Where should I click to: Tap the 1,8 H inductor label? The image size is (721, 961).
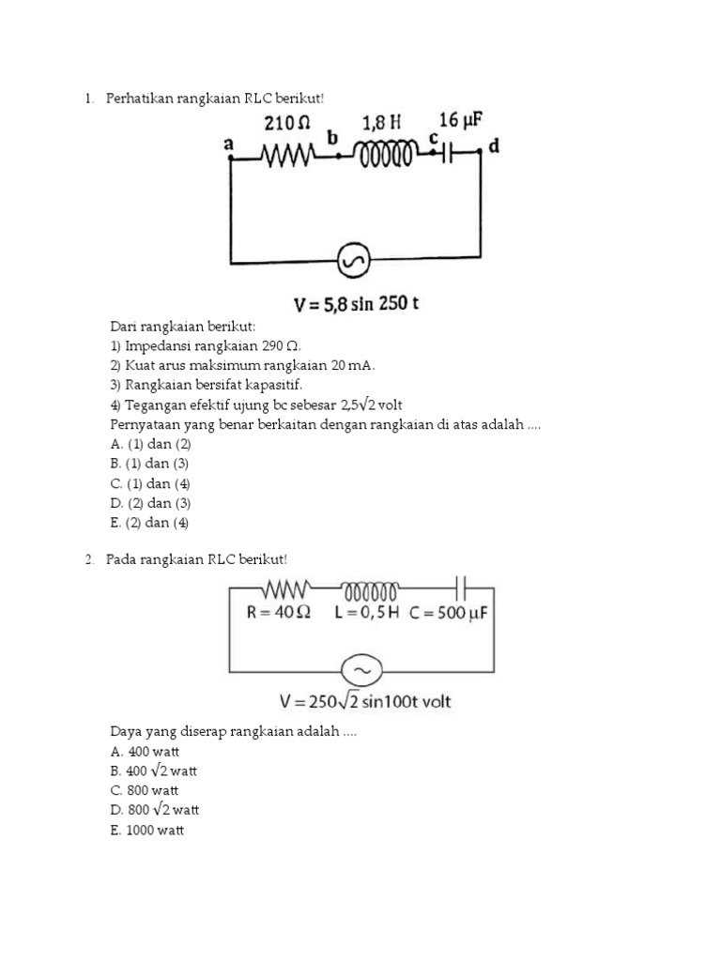point(382,123)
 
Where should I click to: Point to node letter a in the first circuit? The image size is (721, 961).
point(228,145)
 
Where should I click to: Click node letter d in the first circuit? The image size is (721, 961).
point(495,147)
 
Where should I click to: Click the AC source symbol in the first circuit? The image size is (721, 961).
point(355,263)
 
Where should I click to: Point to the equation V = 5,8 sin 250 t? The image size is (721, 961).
point(357,304)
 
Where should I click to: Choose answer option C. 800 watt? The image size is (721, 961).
point(145,790)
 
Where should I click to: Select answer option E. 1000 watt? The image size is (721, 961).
point(147,830)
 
